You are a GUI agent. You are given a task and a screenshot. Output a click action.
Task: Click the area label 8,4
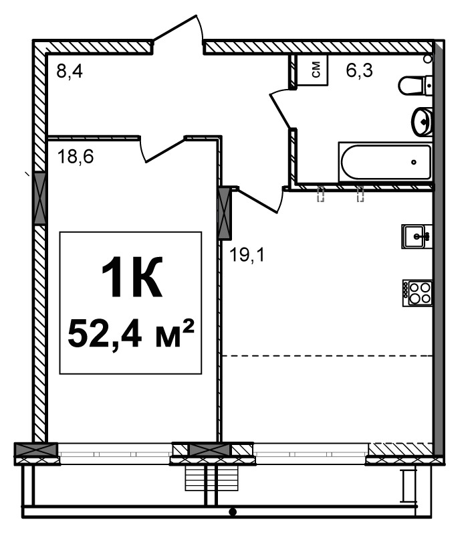coord(70,72)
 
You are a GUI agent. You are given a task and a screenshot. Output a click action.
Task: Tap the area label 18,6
coord(76,157)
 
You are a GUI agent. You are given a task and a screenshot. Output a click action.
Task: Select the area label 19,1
coord(247,255)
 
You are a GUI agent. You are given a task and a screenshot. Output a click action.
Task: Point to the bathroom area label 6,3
coord(360,70)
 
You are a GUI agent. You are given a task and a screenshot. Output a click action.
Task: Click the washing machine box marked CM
coord(312,70)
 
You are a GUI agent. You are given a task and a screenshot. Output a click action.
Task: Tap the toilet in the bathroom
coord(415,86)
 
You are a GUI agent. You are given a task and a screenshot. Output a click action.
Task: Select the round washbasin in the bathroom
coord(422,121)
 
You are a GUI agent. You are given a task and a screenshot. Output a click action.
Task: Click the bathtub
coord(386,162)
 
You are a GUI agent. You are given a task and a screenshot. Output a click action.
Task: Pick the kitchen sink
coord(417,236)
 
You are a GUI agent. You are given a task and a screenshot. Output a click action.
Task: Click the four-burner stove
coord(418,293)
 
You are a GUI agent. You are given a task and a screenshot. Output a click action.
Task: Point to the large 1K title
coord(132,276)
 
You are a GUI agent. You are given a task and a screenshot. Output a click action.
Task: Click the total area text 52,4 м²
coord(131,333)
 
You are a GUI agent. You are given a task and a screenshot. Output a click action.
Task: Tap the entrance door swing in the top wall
coord(178,31)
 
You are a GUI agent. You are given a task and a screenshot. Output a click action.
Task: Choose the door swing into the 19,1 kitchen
coord(260,200)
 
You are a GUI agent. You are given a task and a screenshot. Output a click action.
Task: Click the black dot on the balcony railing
coord(233,511)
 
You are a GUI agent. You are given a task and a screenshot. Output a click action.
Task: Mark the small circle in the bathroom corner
coord(428,59)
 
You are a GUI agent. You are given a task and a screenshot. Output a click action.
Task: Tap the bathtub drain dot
coord(414,162)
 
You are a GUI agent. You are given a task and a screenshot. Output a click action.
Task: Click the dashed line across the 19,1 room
coord(327,356)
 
